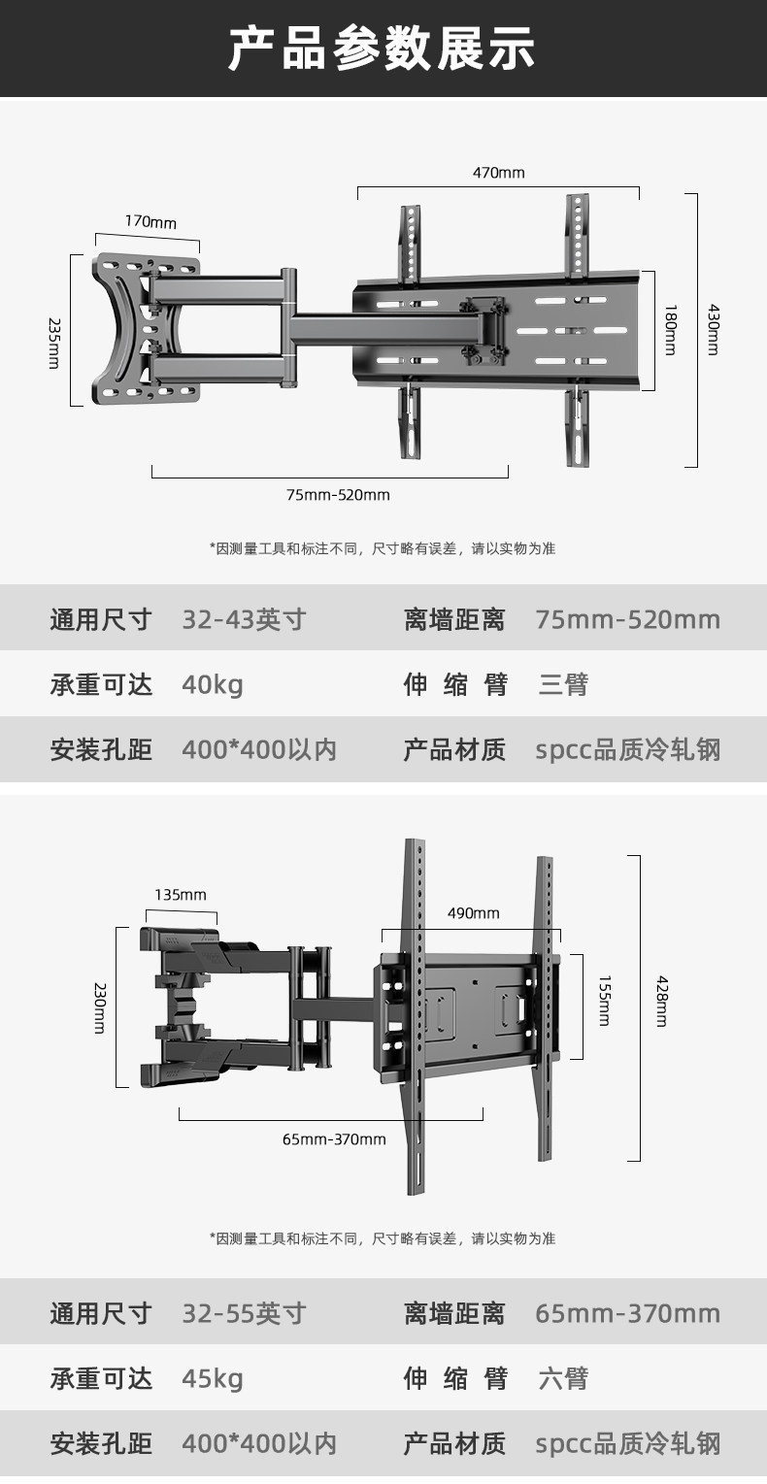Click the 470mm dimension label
(498, 173)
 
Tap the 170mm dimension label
(150, 222)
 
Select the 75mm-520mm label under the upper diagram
(338, 495)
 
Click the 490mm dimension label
(474, 913)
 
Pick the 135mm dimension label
(181, 895)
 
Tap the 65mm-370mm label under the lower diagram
(334, 1139)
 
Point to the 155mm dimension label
(604, 1001)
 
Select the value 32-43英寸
(244, 619)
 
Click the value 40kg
(213, 685)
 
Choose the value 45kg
(213, 1378)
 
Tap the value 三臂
(563, 685)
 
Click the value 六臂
(563, 1378)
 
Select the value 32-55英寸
(244, 1313)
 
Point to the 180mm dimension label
(669, 331)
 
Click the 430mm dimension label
(713, 331)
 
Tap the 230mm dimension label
(99, 1007)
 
